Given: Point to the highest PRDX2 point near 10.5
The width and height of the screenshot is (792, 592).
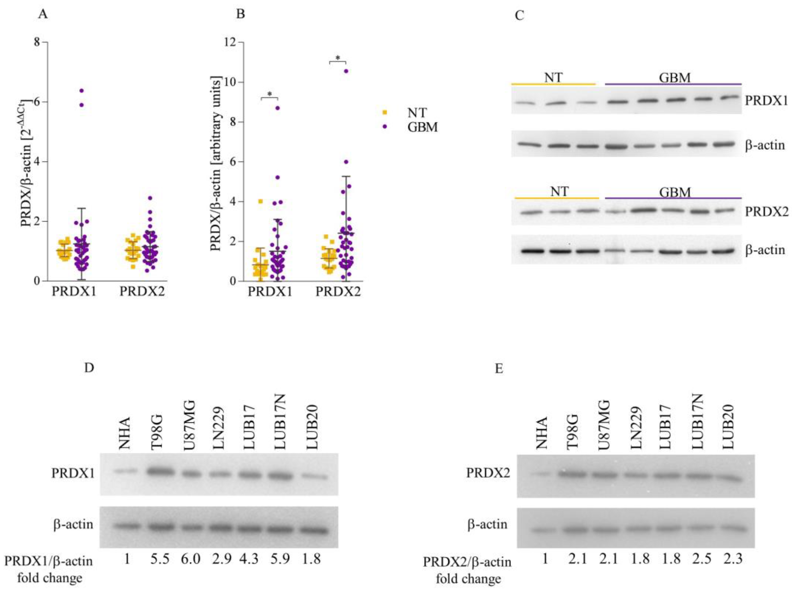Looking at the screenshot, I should tap(346, 71).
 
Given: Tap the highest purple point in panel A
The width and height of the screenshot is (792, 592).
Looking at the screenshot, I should tap(81, 91).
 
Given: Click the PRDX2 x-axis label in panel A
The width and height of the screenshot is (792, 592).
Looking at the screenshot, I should tap(142, 291).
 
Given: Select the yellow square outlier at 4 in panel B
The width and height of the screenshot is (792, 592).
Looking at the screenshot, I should tap(261, 201).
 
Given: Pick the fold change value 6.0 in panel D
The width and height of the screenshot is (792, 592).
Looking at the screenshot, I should tap(191, 558).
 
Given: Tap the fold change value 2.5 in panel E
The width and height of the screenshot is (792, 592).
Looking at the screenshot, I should tap(701, 558).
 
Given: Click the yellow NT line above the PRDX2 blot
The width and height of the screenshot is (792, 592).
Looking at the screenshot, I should tap(557, 198).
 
